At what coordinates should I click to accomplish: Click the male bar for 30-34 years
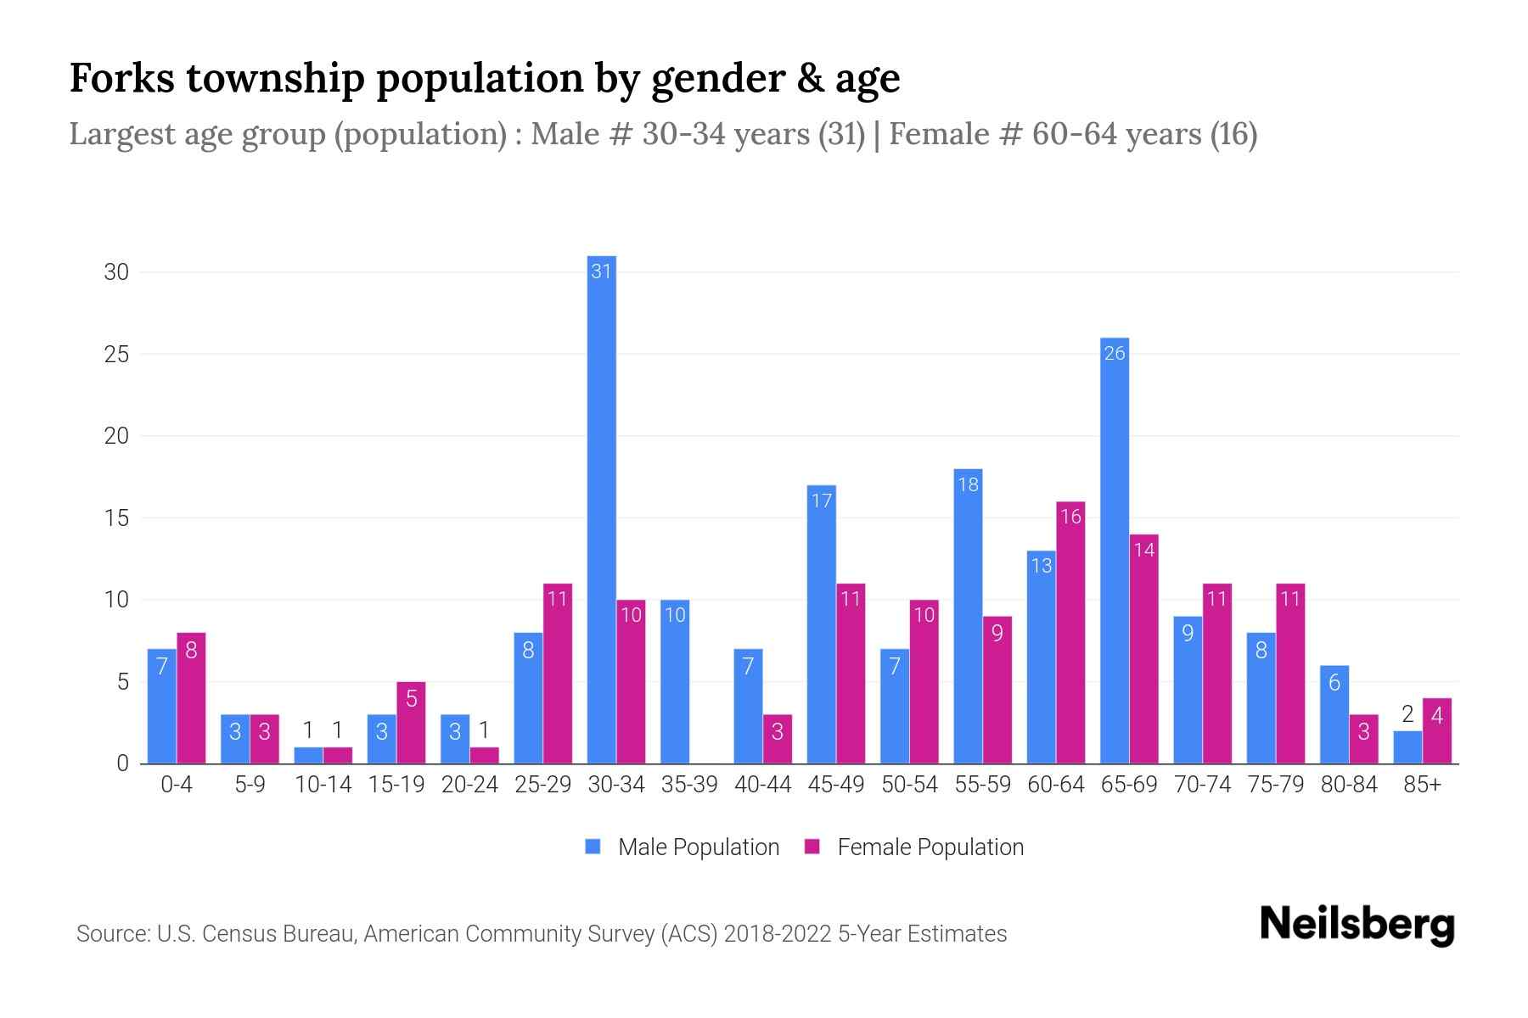(601, 509)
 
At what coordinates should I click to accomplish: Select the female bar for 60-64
(1070, 632)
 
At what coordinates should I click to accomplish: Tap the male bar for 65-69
(1114, 551)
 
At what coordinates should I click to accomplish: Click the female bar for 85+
(1436, 731)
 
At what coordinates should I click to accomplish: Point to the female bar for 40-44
(777, 739)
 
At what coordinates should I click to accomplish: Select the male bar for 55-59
(968, 616)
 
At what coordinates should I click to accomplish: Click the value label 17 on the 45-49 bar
(821, 501)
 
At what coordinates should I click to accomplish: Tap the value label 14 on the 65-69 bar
(1143, 550)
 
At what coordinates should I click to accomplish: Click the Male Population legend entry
(683, 847)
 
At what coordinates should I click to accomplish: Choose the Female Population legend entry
(914, 847)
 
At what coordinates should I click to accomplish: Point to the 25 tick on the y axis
(116, 354)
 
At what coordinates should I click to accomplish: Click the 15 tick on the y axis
(116, 517)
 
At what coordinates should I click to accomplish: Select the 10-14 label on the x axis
(323, 785)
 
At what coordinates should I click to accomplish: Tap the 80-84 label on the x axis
(1349, 785)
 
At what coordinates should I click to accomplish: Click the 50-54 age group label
(909, 785)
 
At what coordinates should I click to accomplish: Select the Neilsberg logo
(1357, 925)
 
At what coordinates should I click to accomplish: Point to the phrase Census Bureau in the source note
(277, 934)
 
